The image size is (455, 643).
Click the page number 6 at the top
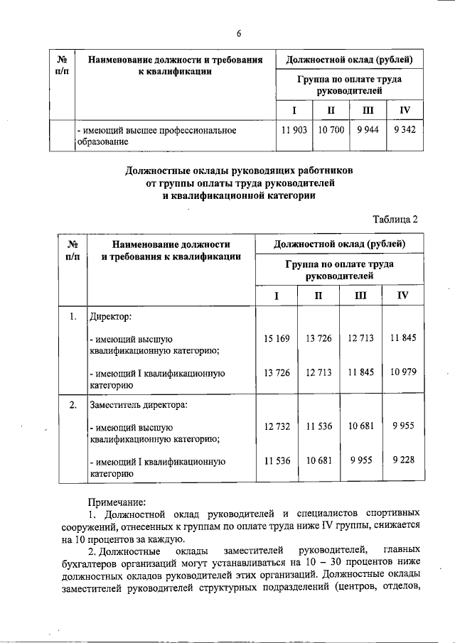(240, 33)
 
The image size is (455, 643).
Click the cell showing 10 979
(403, 372)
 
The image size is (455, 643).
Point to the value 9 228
(403, 460)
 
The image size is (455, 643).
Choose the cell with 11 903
(293, 131)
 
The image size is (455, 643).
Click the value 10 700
(331, 131)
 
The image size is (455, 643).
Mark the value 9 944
(366, 131)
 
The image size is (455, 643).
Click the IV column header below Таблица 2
(402, 295)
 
